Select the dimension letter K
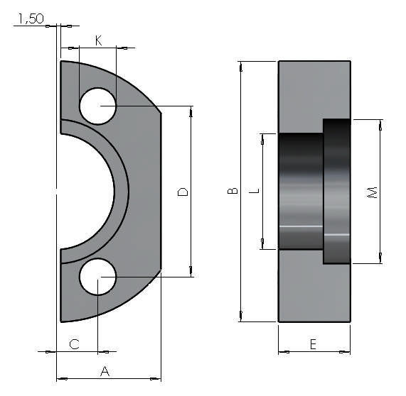(99, 41)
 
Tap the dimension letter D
(183, 192)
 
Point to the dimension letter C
(74, 344)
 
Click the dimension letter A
(105, 370)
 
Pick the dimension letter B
(233, 192)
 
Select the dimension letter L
(255, 191)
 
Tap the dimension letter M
(372, 192)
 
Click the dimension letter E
(313, 344)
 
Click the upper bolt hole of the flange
(97, 106)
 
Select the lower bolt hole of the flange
(97, 277)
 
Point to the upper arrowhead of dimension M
(381, 124)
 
